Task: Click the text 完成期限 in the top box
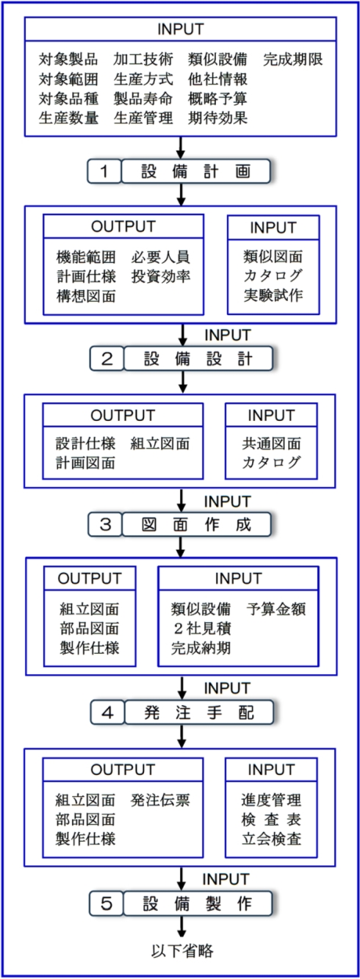tap(293, 59)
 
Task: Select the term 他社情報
tap(218, 79)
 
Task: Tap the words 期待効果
tap(218, 118)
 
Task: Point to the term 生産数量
tap(68, 118)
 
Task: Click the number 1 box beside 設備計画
tap(104, 171)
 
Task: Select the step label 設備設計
tap(198, 359)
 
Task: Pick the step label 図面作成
tap(196, 524)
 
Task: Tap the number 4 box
tap(107, 713)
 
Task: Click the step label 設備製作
tap(198, 903)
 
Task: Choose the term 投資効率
tap(161, 276)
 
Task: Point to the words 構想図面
tap(86, 296)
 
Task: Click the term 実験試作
tap(273, 295)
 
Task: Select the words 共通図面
tap(271, 444)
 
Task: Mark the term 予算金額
tap(276, 609)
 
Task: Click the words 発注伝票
tap(160, 800)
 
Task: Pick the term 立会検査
tap(271, 839)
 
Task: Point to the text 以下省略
tap(182, 951)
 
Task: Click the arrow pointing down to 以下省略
tap(181, 927)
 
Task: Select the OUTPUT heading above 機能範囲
tap(123, 226)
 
